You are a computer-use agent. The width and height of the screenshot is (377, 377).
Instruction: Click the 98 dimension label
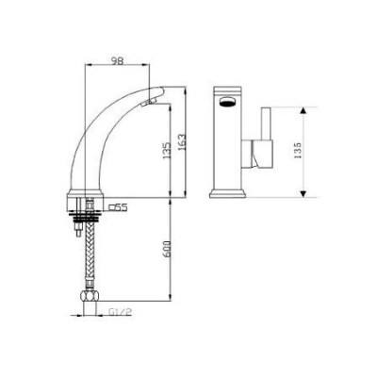[x=118, y=60]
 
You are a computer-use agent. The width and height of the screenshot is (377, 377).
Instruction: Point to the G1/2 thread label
[x=120, y=312]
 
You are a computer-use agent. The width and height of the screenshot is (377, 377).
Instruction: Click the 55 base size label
[x=122, y=207]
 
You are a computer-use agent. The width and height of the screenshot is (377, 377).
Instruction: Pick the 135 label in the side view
[x=167, y=151]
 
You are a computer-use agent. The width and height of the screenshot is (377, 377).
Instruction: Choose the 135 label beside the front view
[x=298, y=150]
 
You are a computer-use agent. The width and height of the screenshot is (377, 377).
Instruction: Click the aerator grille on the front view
[x=228, y=101]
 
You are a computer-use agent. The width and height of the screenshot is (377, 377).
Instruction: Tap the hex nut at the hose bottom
[x=90, y=296]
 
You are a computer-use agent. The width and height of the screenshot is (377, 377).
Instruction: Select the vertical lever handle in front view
[x=266, y=123]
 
